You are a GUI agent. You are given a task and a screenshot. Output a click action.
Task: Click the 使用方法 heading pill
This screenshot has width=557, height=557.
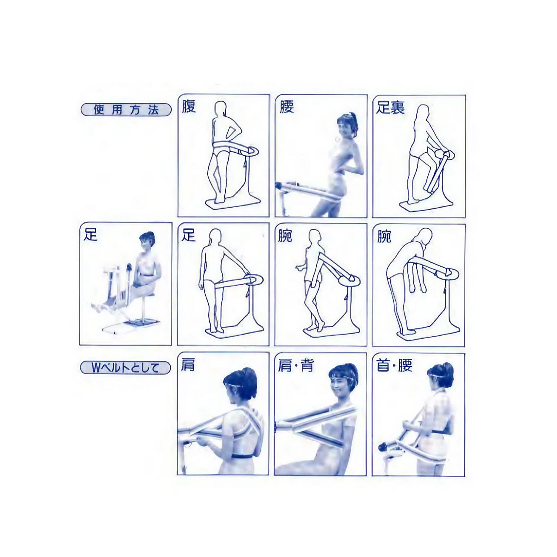[x=126, y=110]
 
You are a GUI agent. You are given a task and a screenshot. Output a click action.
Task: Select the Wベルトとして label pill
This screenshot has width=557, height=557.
[x=126, y=368]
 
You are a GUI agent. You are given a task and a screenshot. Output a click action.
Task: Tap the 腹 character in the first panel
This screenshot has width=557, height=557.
[x=189, y=106]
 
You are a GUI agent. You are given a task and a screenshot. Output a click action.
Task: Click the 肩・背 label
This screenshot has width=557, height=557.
[x=296, y=365]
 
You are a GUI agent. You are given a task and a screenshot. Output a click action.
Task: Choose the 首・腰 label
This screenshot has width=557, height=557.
[x=394, y=365]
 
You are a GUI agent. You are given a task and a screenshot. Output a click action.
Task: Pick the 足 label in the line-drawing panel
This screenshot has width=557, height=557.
[x=188, y=235]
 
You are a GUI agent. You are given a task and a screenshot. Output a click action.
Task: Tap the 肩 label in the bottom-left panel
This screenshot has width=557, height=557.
[x=188, y=365]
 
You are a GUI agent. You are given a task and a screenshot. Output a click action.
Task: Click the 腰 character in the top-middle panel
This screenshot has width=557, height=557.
[x=287, y=106]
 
